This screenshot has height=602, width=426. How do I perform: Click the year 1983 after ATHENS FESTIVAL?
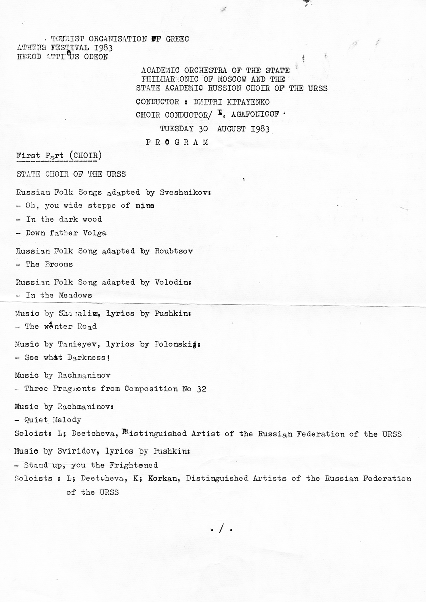tap(103, 48)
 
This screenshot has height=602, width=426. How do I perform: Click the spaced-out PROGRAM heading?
tap(177, 142)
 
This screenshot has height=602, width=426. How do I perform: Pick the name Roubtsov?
tap(175, 251)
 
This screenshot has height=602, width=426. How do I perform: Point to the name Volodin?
tap(173, 282)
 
